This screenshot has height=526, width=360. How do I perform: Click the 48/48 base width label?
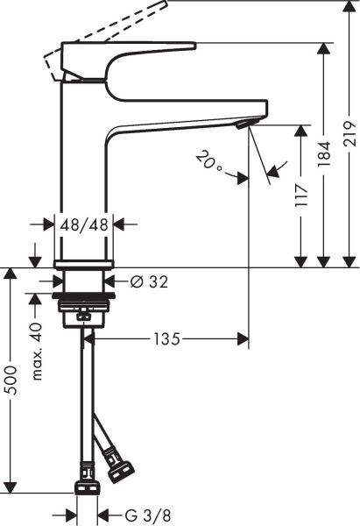(x=84, y=224)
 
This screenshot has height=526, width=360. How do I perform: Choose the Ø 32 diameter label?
(x=148, y=281)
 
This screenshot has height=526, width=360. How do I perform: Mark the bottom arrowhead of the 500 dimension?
(x=11, y=487)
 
